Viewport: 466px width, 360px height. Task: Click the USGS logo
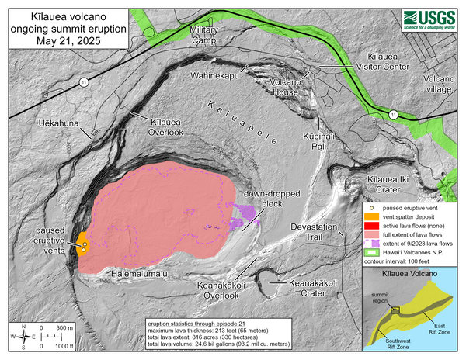(x=429, y=19)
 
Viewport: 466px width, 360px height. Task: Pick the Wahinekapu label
(x=215, y=75)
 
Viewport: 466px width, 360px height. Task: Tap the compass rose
(x=26, y=335)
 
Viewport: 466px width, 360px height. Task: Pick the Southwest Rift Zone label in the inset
(x=400, y=346)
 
